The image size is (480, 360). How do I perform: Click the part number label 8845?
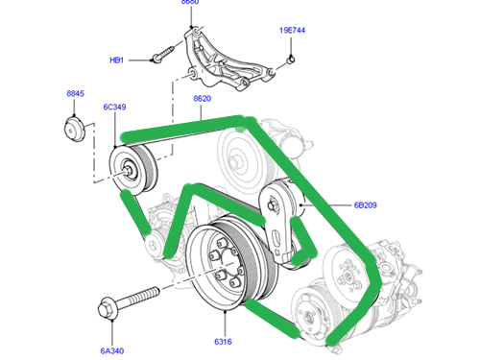tap(75, 93)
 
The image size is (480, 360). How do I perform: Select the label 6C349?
tap(114, 107)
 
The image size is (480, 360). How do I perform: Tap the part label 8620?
tap(203, 99)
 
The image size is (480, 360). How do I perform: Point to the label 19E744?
tap(292, 31)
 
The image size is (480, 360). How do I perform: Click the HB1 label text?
tap(116, 60)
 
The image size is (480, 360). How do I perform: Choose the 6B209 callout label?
tap(365, 205)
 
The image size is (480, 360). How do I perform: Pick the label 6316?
tap(223, 342)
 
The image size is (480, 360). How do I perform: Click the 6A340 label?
tap(112, 351)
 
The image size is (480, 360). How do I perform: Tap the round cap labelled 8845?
tap(75, 130)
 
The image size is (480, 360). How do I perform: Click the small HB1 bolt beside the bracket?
tap(162, 54)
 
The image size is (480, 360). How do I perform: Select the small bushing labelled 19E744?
tap(290, 60)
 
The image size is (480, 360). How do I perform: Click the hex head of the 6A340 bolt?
tap(107, 308)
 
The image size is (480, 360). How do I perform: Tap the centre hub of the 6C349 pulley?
tap(128, 170)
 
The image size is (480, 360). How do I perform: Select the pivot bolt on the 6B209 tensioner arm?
tap(273, 205)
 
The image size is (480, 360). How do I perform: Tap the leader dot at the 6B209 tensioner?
tap(301, 205)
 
